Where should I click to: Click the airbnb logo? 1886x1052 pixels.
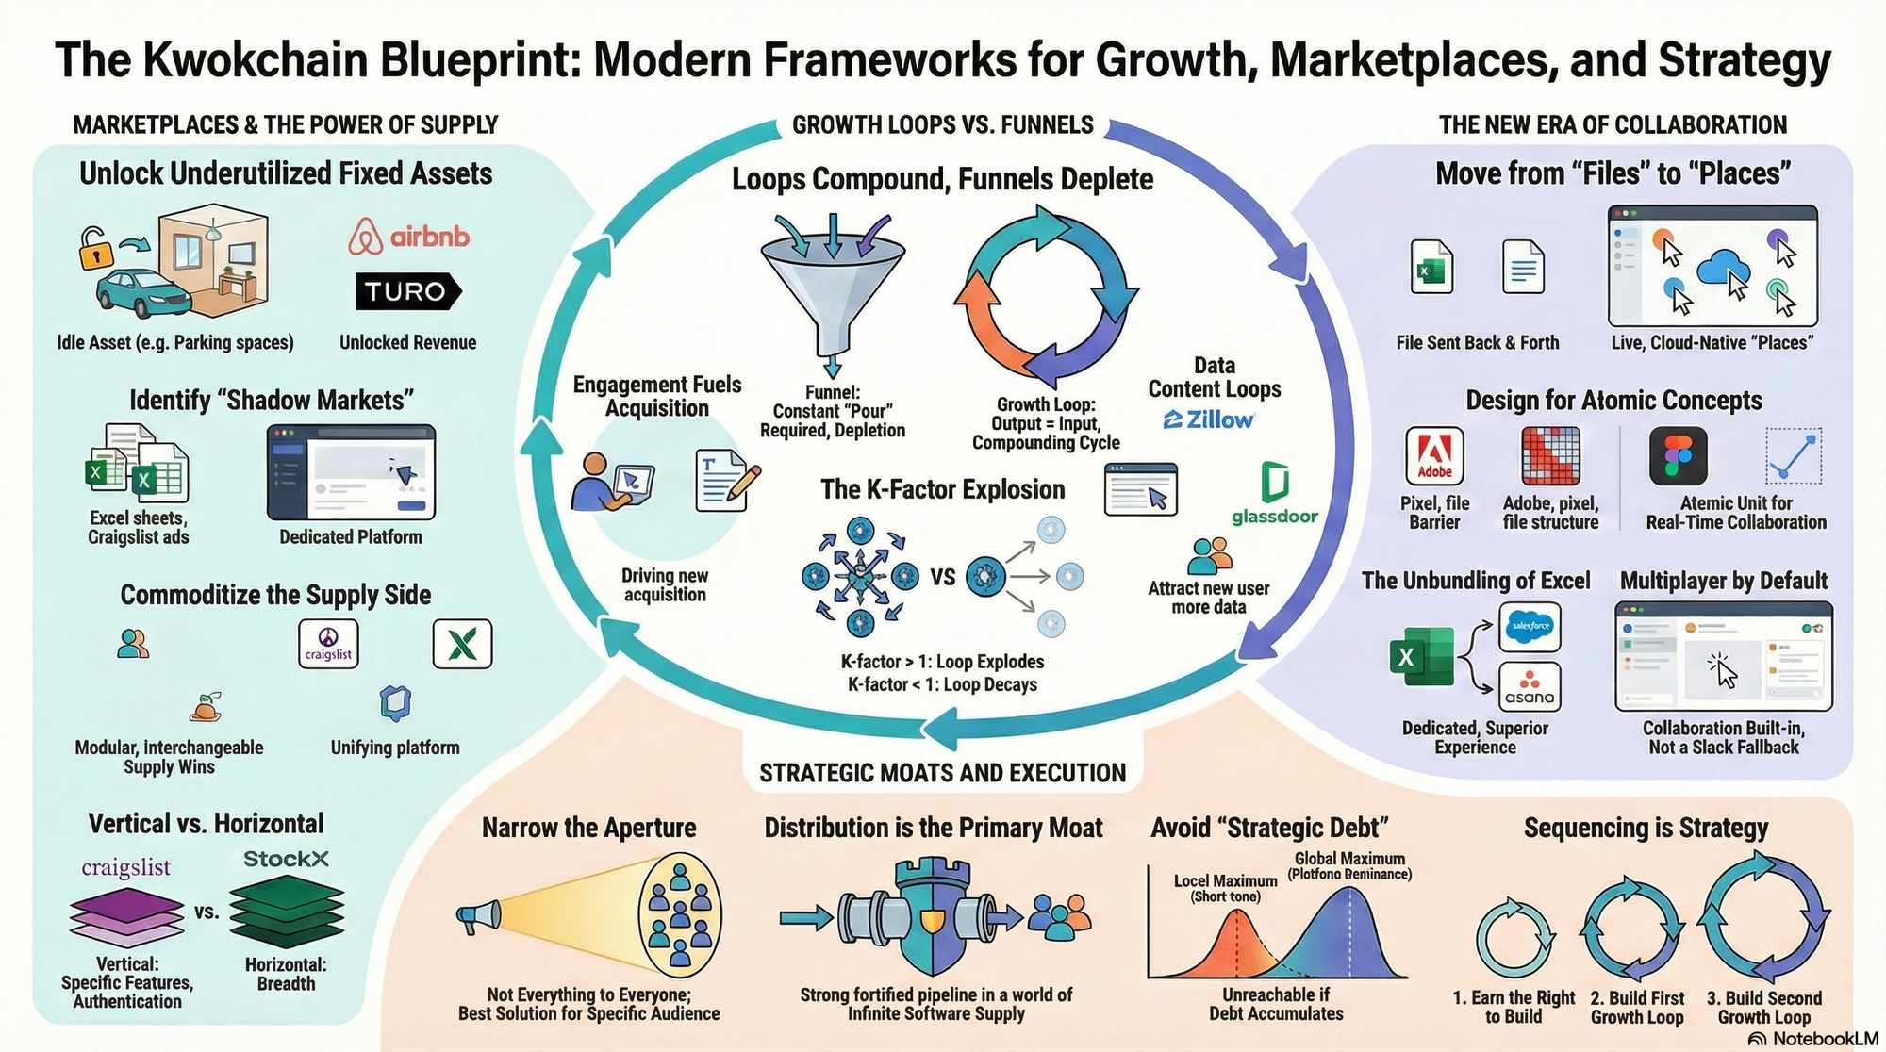pos(408,237)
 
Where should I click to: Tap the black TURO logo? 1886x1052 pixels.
pos(407,291)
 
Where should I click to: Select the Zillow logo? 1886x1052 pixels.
pos(1209,419)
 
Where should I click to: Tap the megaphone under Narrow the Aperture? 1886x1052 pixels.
pos(478,915)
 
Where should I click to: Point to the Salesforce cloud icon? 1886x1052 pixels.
pos(1530,626)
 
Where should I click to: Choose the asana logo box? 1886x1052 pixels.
pos(1529,686)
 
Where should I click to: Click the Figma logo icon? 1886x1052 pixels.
pos(1678,455)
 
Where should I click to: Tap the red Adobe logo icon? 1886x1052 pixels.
pos(1434,455)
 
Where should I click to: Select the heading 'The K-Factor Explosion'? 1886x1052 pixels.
pos(942,489)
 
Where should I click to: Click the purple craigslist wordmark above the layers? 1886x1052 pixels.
pos(125,867)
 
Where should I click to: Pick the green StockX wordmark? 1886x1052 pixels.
pos(286,859)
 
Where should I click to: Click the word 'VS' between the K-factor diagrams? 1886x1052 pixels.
pos(943,577)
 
